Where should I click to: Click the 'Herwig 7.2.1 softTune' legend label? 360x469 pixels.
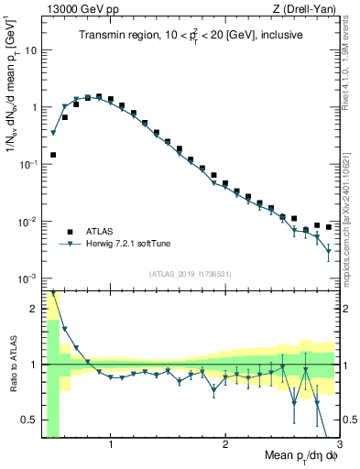tap(130, 244)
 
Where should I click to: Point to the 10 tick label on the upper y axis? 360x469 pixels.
tap(30, 49)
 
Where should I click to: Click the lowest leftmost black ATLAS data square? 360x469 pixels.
tap(53, 155)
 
